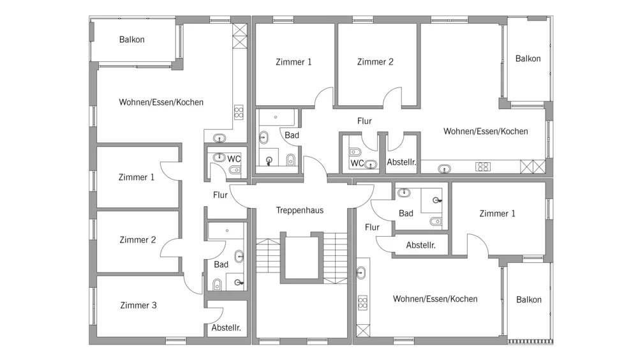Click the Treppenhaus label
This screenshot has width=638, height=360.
pyautogui.click(x=300, y=210)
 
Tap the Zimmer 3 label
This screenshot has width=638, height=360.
pyautogui.click(x=138, y=305)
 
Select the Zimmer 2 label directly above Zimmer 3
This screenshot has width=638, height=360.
pyautogui.click(x=138, y=239)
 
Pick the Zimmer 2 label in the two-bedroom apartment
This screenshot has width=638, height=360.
pyautogui.click(x=375, y=61)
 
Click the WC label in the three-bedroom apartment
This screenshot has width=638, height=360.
pyautogui.click(x=234, y=159)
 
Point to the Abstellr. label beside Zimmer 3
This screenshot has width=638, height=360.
pyautogui.click(x=226, y=327)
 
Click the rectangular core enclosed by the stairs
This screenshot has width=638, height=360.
pyautogui.click(x=302, y=257)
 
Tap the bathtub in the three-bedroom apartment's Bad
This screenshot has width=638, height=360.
pyautogui.click(x=226, y=230)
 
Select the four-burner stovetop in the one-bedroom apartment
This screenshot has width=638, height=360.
pyautogui.click(x=362, y=303)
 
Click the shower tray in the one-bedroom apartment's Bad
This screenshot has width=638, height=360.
pyautogui.click(x=431, y=200)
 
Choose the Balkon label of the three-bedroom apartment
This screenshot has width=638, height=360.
pyautogui.click(x=132, y=40)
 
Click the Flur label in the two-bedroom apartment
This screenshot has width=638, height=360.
pyautogui.click(x=364, y=121)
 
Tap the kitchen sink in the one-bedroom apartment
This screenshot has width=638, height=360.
pyautogui.click(x=361, y=273)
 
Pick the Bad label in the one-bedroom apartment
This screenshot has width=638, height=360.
pyautogui.click(x=406, y=213)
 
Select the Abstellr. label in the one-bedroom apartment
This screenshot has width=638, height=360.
pyautogui.click(x=420, y=245)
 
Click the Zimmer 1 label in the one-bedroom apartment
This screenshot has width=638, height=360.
pyautogui.click(x=497, y=213)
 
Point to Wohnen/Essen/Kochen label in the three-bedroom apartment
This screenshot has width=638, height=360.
pyautogui.click(x=161, y=102)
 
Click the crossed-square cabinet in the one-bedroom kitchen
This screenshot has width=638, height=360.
pyautogui.click(x=363, y=330)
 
